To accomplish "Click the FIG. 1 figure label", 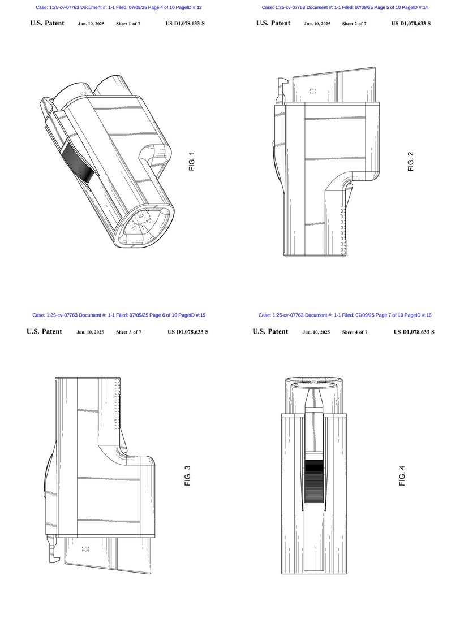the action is click(x=192, y=162).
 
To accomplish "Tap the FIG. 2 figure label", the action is click(x=411, y=162).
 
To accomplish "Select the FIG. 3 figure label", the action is click(x=188, y=476).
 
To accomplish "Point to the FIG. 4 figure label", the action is click(x=402, y=476).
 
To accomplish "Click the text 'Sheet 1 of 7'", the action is click(x=128, y=24).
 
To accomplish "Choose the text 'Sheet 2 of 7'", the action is click(x=354, y=24).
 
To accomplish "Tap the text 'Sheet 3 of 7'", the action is click(x=129, y=332).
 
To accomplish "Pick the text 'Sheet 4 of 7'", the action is click(x=355, y=332).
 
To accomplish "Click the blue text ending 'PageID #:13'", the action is click(x=119, y=7).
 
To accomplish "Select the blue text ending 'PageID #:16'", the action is click(x=345, y=315).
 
